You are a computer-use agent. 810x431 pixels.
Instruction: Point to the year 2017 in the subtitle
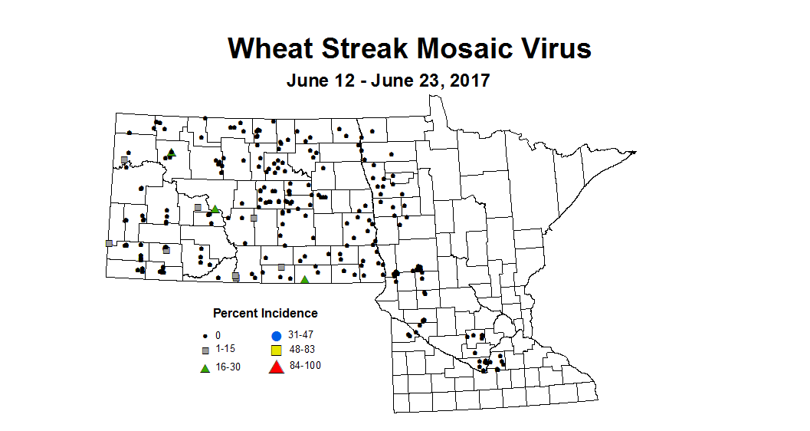pos(465,80)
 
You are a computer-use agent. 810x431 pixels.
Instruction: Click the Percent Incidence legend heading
pos(265,313)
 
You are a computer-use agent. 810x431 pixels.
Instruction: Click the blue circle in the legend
pos(277,336)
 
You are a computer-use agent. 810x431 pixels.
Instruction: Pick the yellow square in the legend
pos(277,350)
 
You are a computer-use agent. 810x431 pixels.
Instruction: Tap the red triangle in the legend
pos(277,367)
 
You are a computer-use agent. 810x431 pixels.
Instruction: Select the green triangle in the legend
pos(205,367)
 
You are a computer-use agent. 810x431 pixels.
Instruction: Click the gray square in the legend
pos(205,350)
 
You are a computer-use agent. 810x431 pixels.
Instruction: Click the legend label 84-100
pos(305,365)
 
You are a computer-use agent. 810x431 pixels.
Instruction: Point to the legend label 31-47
pos(302,335)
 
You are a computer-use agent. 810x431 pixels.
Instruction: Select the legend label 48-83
pos(302,350)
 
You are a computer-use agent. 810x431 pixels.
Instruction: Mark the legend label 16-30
pos(228,367)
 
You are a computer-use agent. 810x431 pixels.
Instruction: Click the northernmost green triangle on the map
pos(172,152)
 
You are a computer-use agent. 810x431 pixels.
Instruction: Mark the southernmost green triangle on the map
pos(304,279)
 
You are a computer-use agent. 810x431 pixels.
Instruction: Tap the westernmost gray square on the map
pos(109,243)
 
